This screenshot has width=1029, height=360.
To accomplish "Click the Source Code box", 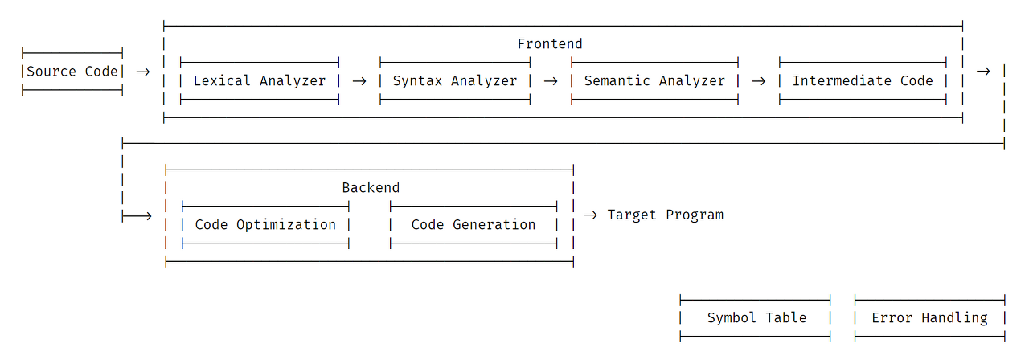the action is [72, 72].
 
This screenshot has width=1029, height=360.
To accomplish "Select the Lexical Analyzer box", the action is [260, 81].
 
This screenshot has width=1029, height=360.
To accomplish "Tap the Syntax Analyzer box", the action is [455, 81].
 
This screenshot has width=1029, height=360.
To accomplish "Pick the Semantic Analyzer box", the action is [654, 81].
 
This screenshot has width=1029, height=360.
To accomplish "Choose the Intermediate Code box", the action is [863, 81].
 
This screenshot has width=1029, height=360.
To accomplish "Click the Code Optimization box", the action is [265, 224].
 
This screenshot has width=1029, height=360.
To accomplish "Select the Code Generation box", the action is [474, 224].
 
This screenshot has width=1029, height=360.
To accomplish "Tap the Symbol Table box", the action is [755, 318].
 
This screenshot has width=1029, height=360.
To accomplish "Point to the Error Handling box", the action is [930, 318].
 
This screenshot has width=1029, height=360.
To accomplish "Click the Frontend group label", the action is [550, 44].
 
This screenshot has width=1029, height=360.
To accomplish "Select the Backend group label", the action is [371, 188].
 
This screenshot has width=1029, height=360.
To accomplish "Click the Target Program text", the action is [665, 215].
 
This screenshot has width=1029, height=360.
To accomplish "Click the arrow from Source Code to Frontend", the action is [143, 72].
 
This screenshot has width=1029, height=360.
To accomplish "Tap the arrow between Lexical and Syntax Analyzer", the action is [359, 81].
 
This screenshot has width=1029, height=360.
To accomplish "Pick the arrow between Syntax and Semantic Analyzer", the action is [551, 81].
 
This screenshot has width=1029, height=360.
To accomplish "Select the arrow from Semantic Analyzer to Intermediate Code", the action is [759, 81].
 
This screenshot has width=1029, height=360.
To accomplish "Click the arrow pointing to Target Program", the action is [590, 215].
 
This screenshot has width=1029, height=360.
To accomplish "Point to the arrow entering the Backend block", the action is [137, 216].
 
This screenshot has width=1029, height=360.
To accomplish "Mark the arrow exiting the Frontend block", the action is [983, 72].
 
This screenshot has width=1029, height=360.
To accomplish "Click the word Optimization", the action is [285, 224].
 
